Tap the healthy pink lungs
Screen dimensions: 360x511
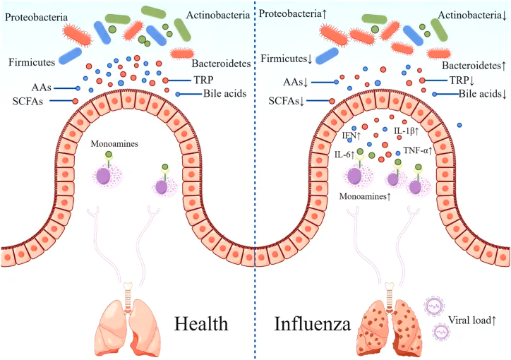point(128,321)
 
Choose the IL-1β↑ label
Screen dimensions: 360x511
point(407,131)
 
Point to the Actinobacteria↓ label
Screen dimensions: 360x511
point(471,15)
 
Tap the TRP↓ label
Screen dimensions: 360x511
point(441,80)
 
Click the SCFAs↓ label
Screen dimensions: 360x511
point(288,101)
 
